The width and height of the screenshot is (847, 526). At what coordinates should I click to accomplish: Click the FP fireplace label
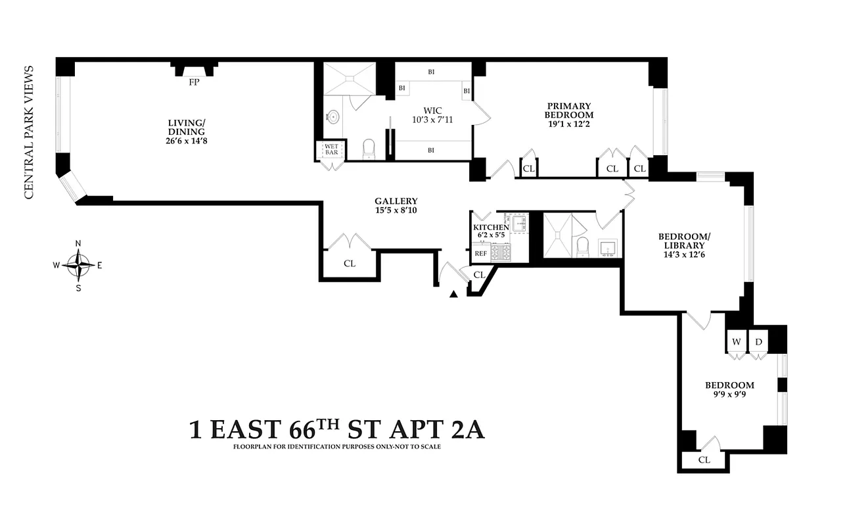[194, 82]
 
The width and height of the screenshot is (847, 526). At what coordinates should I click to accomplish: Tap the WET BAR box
[330, 149]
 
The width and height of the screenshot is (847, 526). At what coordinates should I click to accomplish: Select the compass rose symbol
[78, 266]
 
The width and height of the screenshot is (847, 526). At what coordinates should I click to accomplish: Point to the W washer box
[737, 342]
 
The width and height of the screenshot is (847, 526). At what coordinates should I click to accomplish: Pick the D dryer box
[758, 342]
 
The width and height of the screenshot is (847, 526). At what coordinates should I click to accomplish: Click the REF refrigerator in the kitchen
[480, 253]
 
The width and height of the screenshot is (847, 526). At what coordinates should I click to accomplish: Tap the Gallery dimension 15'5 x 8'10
[396, 211]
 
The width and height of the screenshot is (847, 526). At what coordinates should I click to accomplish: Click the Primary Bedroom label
[569, 110]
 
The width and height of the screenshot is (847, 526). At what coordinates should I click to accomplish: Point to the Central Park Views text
[28, 131]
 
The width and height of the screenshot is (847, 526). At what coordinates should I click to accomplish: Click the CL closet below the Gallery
[350, 264]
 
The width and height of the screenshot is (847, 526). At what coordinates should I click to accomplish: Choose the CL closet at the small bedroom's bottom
[704, 460]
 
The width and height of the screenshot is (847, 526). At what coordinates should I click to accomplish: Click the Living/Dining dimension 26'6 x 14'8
[187, 140]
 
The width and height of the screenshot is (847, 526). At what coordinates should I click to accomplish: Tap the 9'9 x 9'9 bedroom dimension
[729, 395]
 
